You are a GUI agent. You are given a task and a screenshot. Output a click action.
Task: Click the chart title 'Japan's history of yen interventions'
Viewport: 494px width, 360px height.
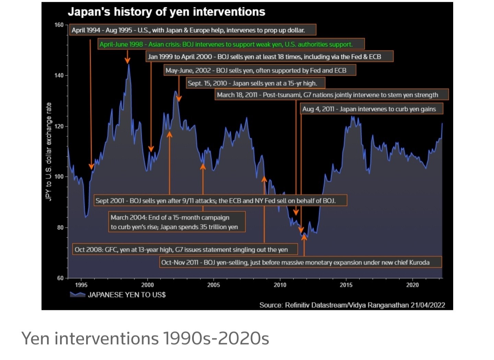coord(166,12)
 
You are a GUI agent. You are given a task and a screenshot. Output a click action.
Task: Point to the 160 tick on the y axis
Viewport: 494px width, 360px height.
coord(59,25)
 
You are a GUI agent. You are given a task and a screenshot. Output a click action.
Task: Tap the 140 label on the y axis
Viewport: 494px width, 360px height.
coord(59,75)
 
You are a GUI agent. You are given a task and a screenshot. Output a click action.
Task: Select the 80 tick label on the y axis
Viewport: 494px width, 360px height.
coord(60,227)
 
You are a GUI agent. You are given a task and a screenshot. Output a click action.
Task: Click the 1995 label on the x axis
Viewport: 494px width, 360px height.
coord(81,285)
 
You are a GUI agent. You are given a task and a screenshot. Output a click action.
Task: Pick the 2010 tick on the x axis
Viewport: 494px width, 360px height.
coord(280,285)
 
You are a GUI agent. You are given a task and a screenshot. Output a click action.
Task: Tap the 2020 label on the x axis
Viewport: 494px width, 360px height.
coord(412,285)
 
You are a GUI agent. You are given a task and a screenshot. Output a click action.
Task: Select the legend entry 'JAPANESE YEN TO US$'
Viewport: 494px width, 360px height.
coord(127,295)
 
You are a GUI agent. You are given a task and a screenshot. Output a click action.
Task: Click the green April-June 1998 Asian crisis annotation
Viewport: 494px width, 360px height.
coord(226,44)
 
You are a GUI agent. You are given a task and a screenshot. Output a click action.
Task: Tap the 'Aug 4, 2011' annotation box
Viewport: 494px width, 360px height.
coord(369,109)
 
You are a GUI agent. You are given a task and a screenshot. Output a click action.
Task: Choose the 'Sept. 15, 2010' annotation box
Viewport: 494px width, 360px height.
coord(252,83)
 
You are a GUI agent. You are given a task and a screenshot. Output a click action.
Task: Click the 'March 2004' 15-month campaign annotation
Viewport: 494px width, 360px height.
coord(174,222)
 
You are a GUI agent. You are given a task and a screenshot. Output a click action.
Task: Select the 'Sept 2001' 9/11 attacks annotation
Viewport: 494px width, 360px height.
coord(215,201)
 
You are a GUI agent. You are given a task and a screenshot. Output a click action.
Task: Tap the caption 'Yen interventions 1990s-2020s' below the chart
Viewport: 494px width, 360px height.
coord(145,338)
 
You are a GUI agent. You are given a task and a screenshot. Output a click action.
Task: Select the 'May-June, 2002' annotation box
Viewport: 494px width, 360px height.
coord(256,71)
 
